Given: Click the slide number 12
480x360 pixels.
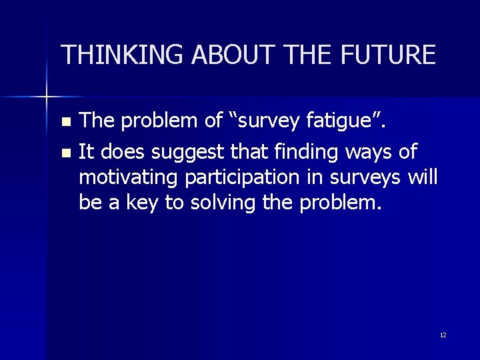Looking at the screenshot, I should pyautogui.click(x=443, y=335).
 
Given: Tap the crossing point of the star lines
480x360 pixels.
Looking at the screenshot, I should pyautogui.click(x=47, y=97).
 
